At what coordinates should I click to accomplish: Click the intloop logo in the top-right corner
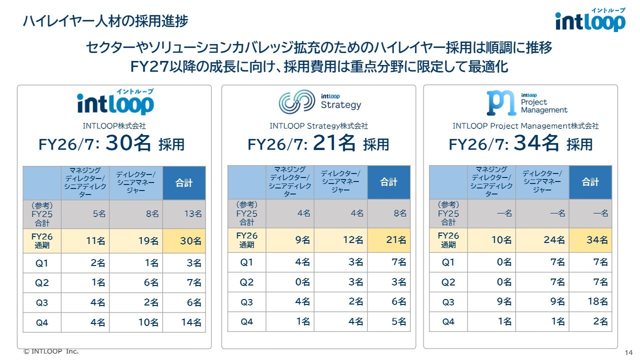(x=590, y=19)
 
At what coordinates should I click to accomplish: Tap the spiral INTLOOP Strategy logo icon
(x=297, y=101)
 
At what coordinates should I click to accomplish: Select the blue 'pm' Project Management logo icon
(x=501, y=103)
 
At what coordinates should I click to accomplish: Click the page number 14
(x=628, y=352)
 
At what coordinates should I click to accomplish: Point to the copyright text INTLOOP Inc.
(x=51, y=351)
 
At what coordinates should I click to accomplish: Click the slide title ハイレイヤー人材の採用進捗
(x=105, y=21)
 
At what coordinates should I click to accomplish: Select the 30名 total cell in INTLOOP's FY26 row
(x=190, y=241)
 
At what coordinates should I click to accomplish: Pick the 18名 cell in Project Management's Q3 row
(x=597, y=301)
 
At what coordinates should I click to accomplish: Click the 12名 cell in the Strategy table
(x=353, y=240)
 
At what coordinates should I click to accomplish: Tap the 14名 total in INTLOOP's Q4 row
(x=191, y=322)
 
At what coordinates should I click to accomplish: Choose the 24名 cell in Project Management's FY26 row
(x=554, y=240)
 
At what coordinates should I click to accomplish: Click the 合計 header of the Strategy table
(x=388, y=182)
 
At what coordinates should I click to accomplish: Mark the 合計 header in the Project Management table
(x=590, y=182)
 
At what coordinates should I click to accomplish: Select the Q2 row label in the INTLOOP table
(x=41, y=283)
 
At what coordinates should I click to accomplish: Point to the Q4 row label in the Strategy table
(x=246, y=322)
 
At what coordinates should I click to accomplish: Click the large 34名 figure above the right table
(x=536, y=143)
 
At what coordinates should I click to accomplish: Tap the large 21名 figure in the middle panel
(x=334, y=143)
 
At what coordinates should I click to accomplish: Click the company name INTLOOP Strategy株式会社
(x=318, y=126)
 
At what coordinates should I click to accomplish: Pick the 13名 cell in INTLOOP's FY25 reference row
(x=193, y=214)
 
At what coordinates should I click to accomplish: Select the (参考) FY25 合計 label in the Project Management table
(x=448, y=213)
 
